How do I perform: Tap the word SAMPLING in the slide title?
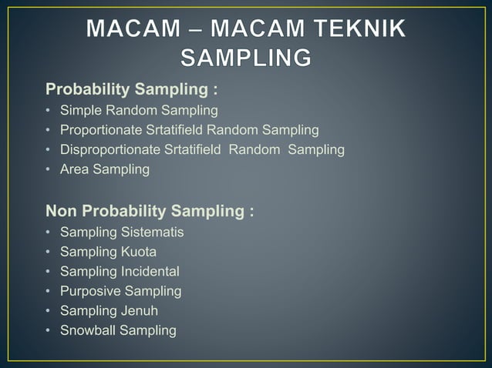(246, 59)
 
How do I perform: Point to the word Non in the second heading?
(62, 211)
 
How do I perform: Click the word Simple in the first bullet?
(81, 110)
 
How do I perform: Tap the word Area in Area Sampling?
(75, 169)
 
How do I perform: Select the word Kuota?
(139, 252)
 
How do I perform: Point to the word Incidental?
(150, 272)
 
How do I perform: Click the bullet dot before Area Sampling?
(49, 169)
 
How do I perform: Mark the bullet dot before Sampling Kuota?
(49, 252)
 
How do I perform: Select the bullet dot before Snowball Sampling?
(49, 331)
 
